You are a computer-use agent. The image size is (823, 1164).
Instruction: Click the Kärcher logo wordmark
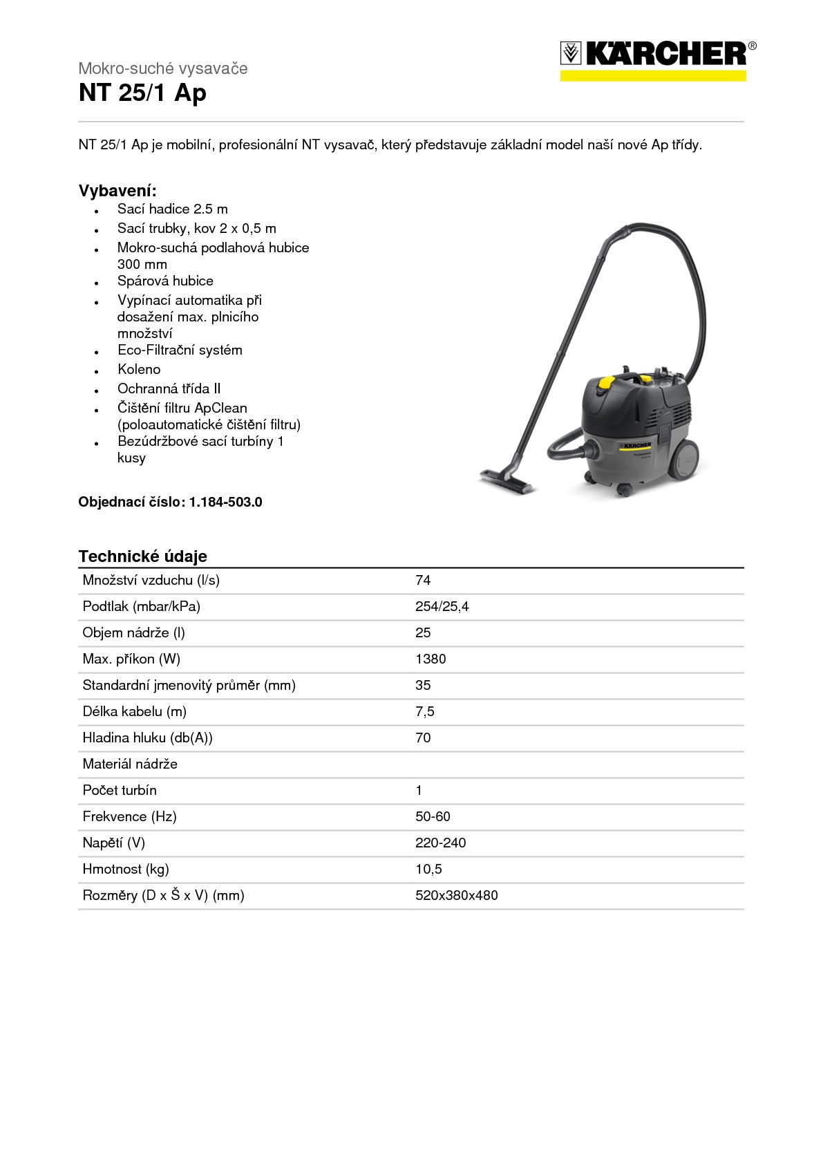coord(666,54)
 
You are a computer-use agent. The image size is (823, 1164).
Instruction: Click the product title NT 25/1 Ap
coord(142,93)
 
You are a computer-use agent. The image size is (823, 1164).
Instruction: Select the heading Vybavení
coord(117,191)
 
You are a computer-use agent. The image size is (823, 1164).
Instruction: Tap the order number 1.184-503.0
coord(225,503)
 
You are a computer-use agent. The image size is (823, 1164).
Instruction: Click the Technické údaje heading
coord(142,556)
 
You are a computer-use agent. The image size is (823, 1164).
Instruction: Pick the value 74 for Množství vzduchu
coord(423,581)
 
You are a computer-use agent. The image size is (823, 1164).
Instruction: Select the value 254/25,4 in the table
coord(442,607)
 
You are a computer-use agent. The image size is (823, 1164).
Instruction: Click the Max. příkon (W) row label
coord(131,659)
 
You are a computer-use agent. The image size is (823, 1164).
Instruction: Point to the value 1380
coord(431,659)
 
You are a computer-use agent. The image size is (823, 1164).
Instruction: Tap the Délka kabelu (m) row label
coord(134,712)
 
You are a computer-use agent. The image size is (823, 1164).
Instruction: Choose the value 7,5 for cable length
coord(424,712)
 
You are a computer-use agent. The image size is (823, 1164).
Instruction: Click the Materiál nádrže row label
coord(130,764)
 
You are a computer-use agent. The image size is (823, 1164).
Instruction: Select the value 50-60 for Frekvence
coord(433,817)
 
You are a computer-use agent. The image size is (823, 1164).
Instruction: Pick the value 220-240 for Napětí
coord(440,843)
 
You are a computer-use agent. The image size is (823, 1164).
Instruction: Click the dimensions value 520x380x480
coord(456,896)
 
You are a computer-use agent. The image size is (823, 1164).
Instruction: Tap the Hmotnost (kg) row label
coord(126,870)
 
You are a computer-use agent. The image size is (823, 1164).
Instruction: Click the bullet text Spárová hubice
coord(165,281)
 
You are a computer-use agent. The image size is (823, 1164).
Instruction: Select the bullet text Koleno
coord(139,370)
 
